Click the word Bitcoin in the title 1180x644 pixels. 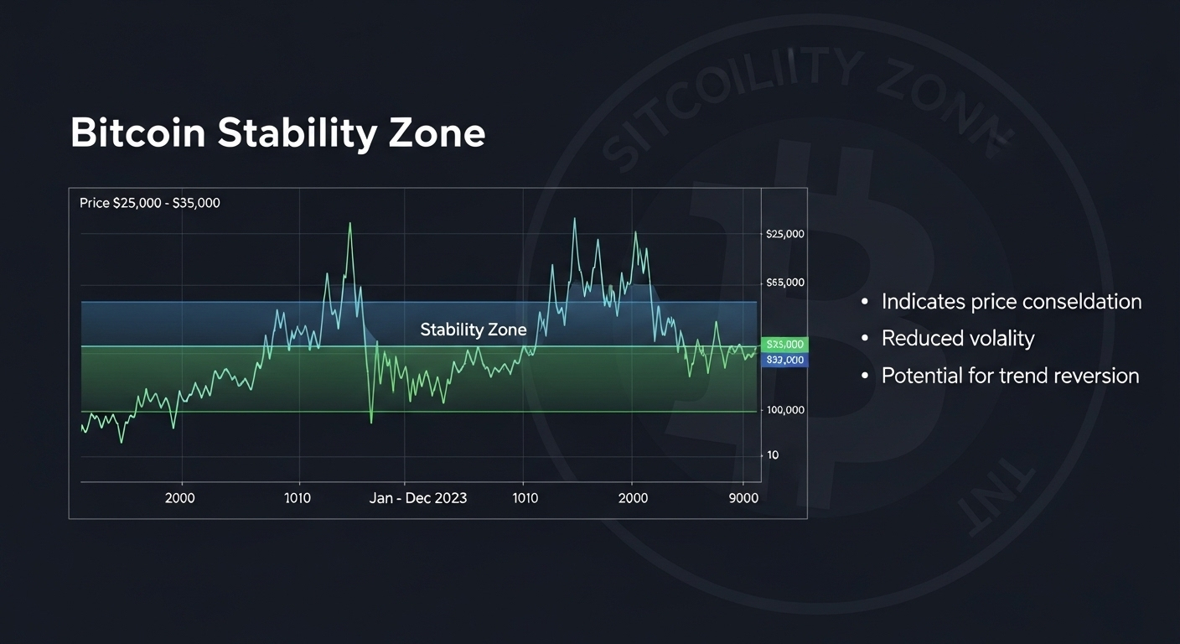(x=137, y=134)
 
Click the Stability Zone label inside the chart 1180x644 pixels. (x=474, y=330)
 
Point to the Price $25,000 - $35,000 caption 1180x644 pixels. (x=150, y=203)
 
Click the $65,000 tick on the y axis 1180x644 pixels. (x=785, y=283)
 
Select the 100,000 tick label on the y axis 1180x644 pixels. (x=785, y=410)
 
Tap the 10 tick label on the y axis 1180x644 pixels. (x=773, y=455)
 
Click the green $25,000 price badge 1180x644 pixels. (x=785, y=345)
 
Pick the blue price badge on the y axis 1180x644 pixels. (x=785, y=361)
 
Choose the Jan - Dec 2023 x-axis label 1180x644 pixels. (x=418, y=498)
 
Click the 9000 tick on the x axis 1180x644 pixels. (x=743, y=498)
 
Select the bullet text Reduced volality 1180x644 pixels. (x=958, y=339)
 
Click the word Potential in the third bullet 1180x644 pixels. (x=922, y=376)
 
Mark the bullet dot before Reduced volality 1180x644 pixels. (x=866, y=339)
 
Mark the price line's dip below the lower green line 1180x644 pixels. (x=371, y=419)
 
